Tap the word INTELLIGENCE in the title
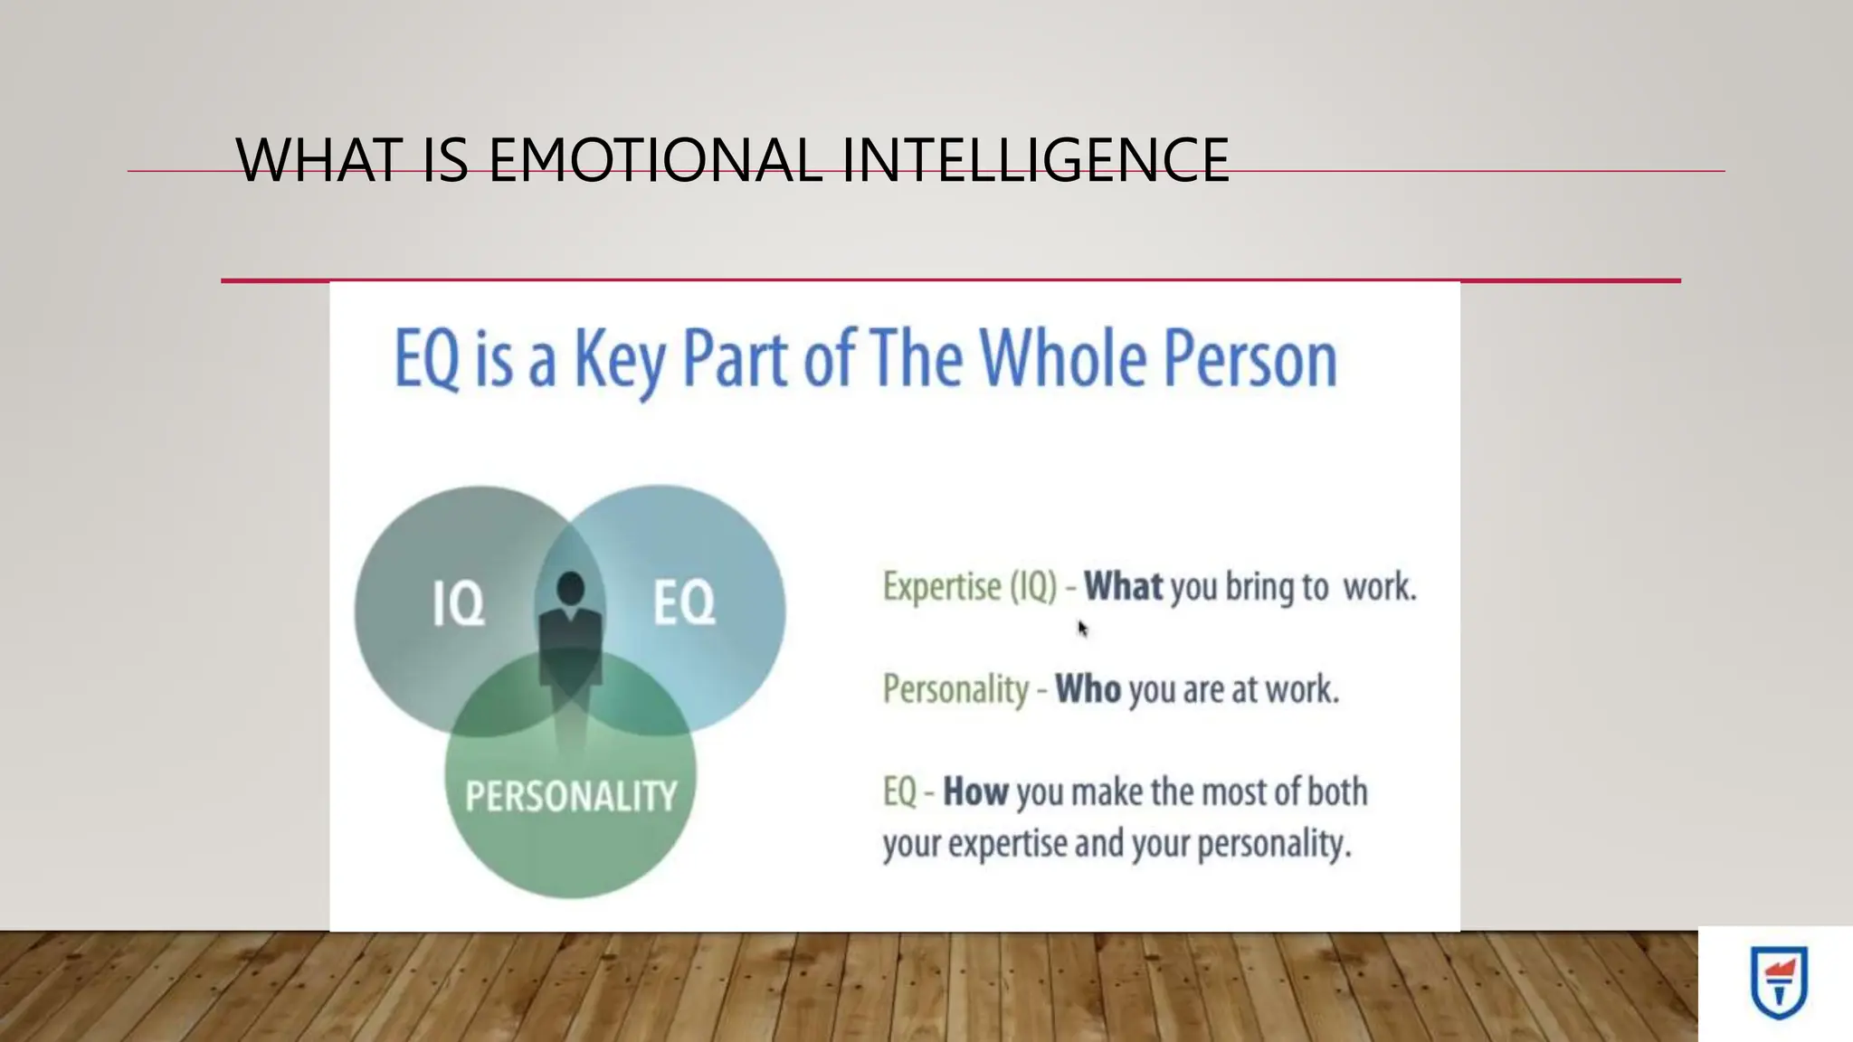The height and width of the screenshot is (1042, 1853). [1035, 160]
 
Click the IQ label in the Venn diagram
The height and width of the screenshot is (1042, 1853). [458, 603]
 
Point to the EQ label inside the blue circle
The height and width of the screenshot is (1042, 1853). [684, 603]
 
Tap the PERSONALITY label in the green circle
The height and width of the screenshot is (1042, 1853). [571, 796]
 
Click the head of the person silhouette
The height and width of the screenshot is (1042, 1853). [571, 589]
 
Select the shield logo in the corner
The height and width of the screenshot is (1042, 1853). [1779, 982]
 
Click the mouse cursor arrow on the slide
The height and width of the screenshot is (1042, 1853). [1082, 628]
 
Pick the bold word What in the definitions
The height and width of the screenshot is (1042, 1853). [1124, 587]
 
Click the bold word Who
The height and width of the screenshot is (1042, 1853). [1088, 689]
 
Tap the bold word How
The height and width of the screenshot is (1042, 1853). [975, 792]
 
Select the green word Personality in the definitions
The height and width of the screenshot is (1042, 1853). [955, 689]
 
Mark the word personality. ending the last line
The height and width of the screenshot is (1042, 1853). [1274, 845]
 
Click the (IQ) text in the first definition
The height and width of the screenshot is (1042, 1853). [1033, 587]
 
